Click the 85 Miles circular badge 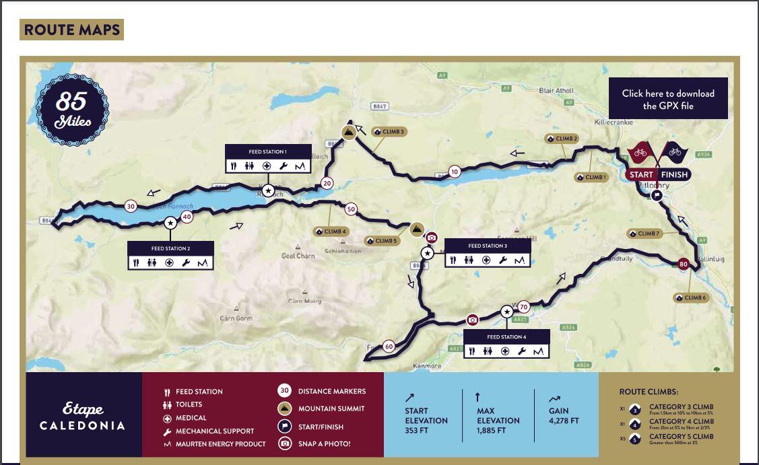tap(71, 109)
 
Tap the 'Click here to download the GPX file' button tap(668, 99)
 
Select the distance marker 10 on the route tap(455, 172)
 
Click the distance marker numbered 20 tap(327, 183)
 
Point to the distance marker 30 tap(131, 207)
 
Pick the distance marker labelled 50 tap(350, 209)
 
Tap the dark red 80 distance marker tap(684, 264)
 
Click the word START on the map tap(641, 175)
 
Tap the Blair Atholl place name tap(556, 90)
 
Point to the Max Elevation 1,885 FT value tap(498, 431)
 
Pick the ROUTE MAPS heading tap(71, 30)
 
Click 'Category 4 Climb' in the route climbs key tap(681, 422)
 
